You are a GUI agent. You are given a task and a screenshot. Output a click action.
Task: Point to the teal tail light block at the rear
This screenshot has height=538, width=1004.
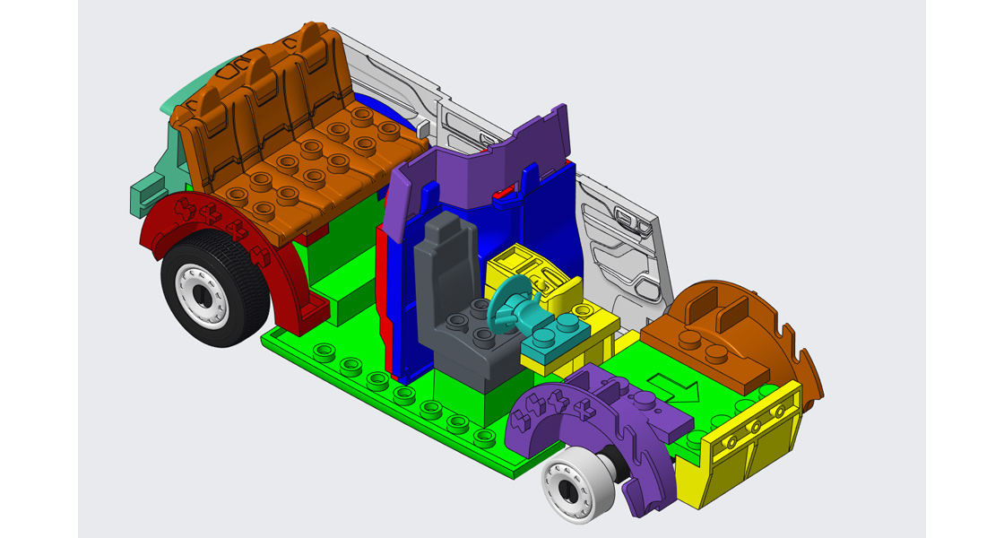pyautogui.click(x=148, y=192)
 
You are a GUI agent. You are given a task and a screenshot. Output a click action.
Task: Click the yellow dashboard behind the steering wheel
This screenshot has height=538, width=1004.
pyautogui.click(x=529, y=269)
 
